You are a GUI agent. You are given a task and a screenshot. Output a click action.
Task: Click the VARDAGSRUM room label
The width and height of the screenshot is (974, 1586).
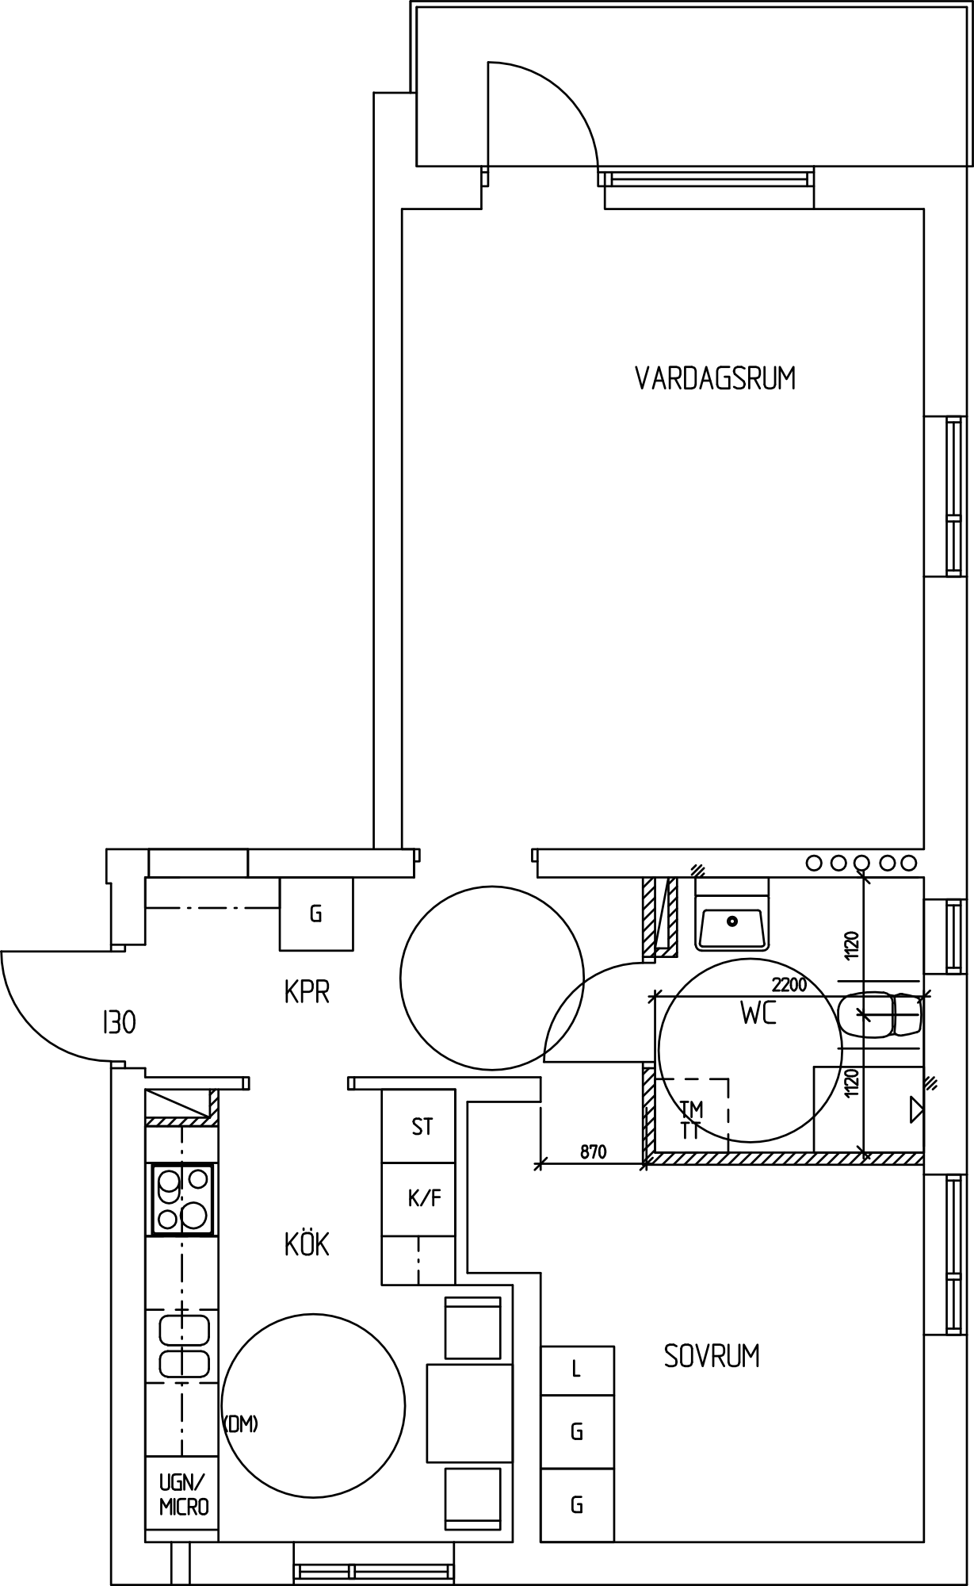tap(715, 378)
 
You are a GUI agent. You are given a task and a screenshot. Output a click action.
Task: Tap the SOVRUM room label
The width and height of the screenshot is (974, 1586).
tap(712, 1356)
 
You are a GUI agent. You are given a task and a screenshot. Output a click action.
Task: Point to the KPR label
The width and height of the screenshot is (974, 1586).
tap(307, 992)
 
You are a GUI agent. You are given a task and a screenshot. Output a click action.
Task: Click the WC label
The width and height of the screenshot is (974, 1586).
tap(758, 1013)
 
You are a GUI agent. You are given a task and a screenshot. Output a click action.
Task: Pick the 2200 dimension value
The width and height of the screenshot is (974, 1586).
tap(789, 985)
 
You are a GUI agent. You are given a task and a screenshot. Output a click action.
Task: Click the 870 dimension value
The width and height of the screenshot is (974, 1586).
tap(593, 1151)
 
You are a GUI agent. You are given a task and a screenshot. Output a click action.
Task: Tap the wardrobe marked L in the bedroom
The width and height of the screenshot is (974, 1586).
tap(577, 1371)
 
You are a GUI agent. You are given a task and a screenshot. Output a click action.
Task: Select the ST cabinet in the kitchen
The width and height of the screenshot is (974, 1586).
tap(418, 1127)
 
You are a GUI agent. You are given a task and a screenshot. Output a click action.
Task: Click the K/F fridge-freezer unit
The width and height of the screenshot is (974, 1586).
tap(418, 1199)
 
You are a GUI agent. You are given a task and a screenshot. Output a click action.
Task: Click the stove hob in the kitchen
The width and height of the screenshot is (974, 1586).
tap(182, 1199)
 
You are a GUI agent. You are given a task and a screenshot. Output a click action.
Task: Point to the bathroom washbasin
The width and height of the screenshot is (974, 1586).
tap(731, 923)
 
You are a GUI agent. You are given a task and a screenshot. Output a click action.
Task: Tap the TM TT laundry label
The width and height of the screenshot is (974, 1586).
tap(691, 1120)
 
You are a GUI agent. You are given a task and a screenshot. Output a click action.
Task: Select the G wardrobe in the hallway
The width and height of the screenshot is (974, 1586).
tap(316, 914)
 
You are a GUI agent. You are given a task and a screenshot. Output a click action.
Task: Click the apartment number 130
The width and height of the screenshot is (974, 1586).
tap(119, 1023)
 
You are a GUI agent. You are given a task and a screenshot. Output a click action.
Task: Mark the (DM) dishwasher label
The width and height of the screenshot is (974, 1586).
tap(241, 1424)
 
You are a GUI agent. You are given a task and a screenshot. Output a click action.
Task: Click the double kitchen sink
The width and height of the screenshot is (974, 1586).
tap(184, 1347)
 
